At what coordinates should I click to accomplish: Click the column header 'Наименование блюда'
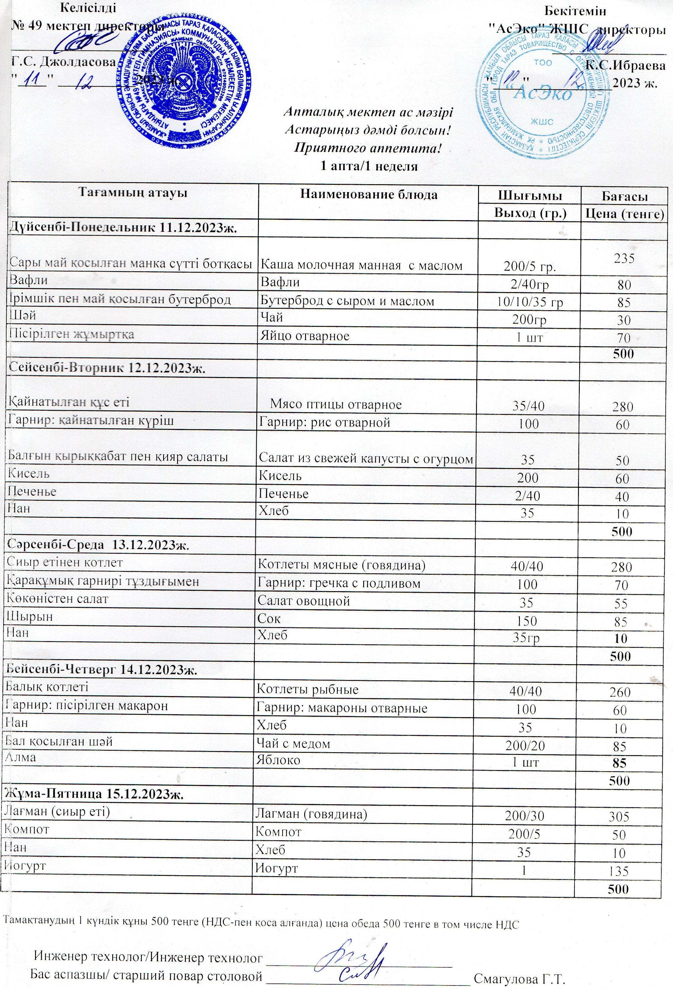coord(368,195)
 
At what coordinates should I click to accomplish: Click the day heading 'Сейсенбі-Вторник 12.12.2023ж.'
coord(107,368)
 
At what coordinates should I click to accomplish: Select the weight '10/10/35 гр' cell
coord(530,302)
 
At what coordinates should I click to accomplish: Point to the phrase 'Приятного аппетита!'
coord(368,149)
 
